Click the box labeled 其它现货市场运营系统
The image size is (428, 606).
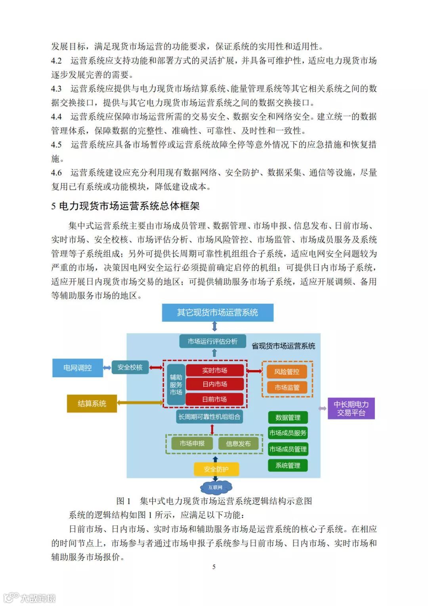click(218, 313)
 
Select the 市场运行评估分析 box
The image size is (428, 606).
click(212, 341)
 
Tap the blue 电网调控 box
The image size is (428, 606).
click(78, 368)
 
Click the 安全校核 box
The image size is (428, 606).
click(130, 367)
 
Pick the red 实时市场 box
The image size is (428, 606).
click(214, 370)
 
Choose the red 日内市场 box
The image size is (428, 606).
click(214, 384)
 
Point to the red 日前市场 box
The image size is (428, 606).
click(214, 399)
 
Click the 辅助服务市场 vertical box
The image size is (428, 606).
click(176, 384)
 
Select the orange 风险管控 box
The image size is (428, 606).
click(287, 372)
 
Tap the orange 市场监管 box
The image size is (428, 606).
click(287, 387)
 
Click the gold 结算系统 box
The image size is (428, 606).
click(92, 403)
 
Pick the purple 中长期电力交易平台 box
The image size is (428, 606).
click(351, 408)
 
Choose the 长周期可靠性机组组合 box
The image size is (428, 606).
click(209, 417)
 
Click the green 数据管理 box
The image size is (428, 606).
click(288, 417)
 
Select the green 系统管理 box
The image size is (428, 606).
click(288, 465)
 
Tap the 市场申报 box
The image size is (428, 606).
click(192, 443)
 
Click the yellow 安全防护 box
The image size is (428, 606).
click(216, 469)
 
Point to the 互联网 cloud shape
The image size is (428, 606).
click(216, 487)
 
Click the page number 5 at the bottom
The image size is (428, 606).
click(214, 567)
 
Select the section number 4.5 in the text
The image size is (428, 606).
click(56, 145)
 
